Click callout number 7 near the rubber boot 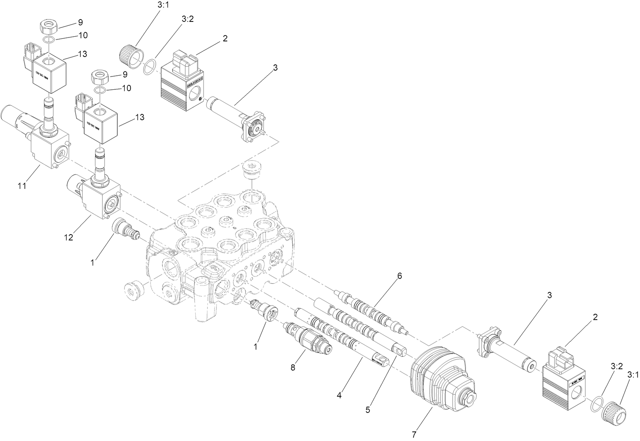click(x=414, y=434)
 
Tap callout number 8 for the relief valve click(x=293, y=367)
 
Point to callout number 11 click(x=22, y=186)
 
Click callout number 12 click(x=69, y=237)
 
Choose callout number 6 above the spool click(x=400, y=276)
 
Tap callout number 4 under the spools click(x=339, y=395)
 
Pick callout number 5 click(x=368, y=410)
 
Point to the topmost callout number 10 click(x=82, y=36)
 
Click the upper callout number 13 click(x=82, y=54)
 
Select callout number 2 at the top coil click(x=225, y=39)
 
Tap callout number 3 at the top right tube click(x=275, y=68)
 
